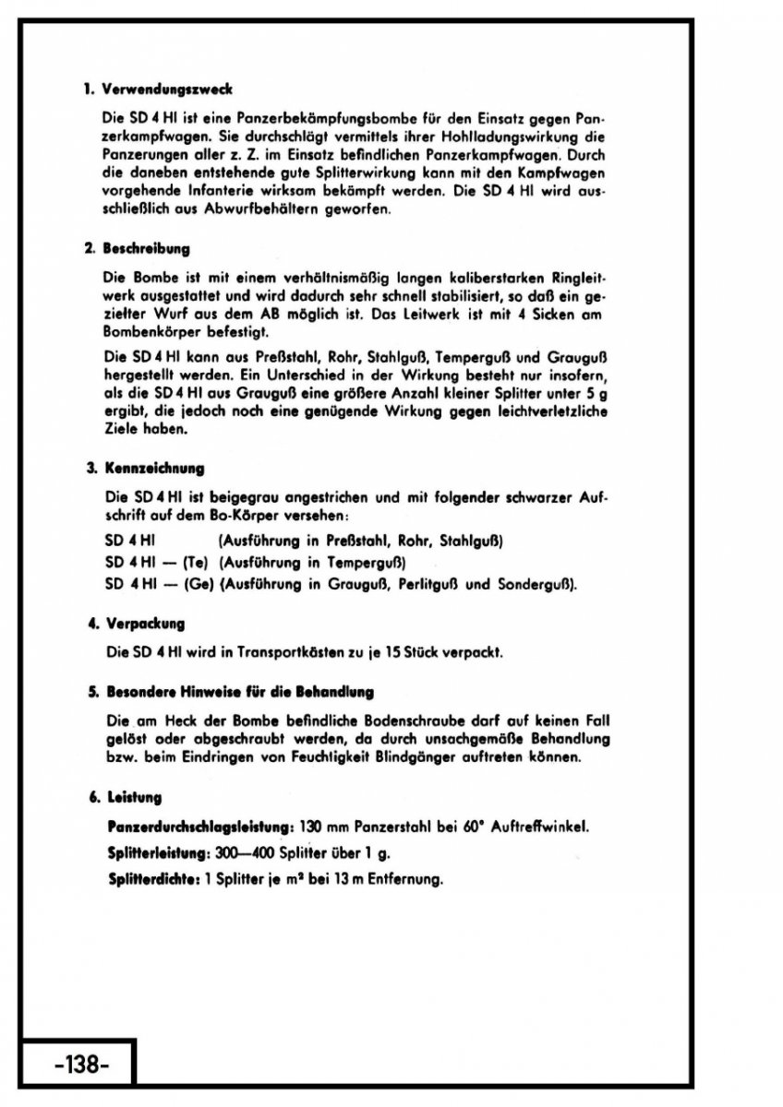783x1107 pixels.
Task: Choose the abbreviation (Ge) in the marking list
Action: click(198, 583)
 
